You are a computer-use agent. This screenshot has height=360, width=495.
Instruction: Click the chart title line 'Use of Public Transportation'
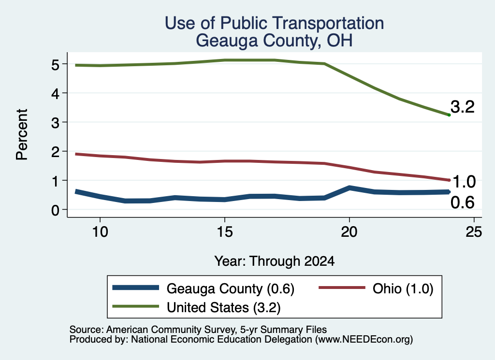pos(275,23)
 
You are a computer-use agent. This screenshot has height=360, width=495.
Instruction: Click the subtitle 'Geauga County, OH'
pos(275,41)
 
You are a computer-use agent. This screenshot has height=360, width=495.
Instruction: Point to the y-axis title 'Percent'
pos(22,134)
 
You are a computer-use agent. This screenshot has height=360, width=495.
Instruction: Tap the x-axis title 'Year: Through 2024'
pos(275,261)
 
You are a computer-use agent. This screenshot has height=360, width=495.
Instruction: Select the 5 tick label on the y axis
pos(55,64)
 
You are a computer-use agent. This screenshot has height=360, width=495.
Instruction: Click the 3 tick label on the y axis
pos(55,122)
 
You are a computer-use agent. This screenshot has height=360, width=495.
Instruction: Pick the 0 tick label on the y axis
pos(55,210)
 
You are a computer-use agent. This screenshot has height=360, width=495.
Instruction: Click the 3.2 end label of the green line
pos(463,107)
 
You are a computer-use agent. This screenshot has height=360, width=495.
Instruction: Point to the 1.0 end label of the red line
pos(464,182)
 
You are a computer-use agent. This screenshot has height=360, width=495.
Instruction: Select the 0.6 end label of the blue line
pos(463,202)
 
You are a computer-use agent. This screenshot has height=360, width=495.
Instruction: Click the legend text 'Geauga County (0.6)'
pos(231,288)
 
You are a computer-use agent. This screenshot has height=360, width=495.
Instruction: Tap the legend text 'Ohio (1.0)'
pos(403,288)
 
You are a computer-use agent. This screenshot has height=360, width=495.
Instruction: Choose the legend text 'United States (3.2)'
pos(223,308)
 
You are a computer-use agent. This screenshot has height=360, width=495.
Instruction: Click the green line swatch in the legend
pos(136,306)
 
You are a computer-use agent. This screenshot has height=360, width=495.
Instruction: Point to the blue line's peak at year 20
pos(349,188)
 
